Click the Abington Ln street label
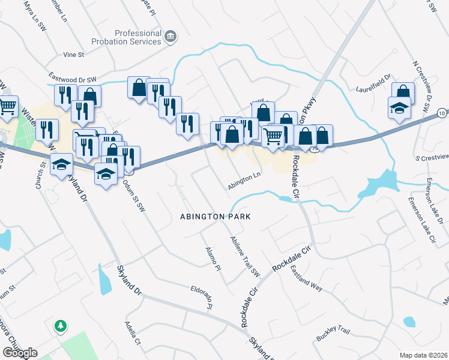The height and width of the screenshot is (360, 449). [244, 182]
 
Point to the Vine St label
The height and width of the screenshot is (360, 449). [73, 55]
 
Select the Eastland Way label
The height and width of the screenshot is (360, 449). [307, 279]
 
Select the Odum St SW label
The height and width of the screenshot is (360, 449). [134, 195]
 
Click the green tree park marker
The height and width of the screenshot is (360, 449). [60, 326]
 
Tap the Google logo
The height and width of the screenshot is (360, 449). [20, 353]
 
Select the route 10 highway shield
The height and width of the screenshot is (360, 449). [442, 113]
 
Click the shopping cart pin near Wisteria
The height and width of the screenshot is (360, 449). [8, 107]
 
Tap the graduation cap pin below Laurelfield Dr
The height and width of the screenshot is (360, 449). [398, 108]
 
